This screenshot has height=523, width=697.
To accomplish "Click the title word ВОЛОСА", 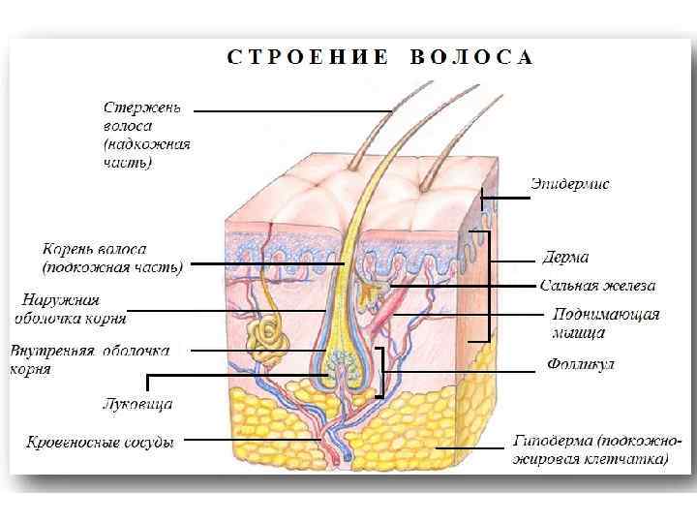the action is (x=471, y=57).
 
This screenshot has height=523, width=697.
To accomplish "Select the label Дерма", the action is (x=565, y=258).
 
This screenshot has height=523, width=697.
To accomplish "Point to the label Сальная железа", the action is (x=597, y=286).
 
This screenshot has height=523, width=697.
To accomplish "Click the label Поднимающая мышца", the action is (x=606, y=323).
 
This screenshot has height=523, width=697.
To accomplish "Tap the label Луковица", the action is (x=137, y=403).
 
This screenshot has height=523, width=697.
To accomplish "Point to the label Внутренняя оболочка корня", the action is (x=87, y=359).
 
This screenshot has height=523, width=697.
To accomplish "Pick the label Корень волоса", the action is (x=112, y=257).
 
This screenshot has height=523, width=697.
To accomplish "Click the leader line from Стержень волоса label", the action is (x=290, y=111).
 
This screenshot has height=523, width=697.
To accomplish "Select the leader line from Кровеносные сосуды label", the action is (x=252, y=440).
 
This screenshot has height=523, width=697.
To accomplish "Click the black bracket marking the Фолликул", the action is (x=381, y=373).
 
